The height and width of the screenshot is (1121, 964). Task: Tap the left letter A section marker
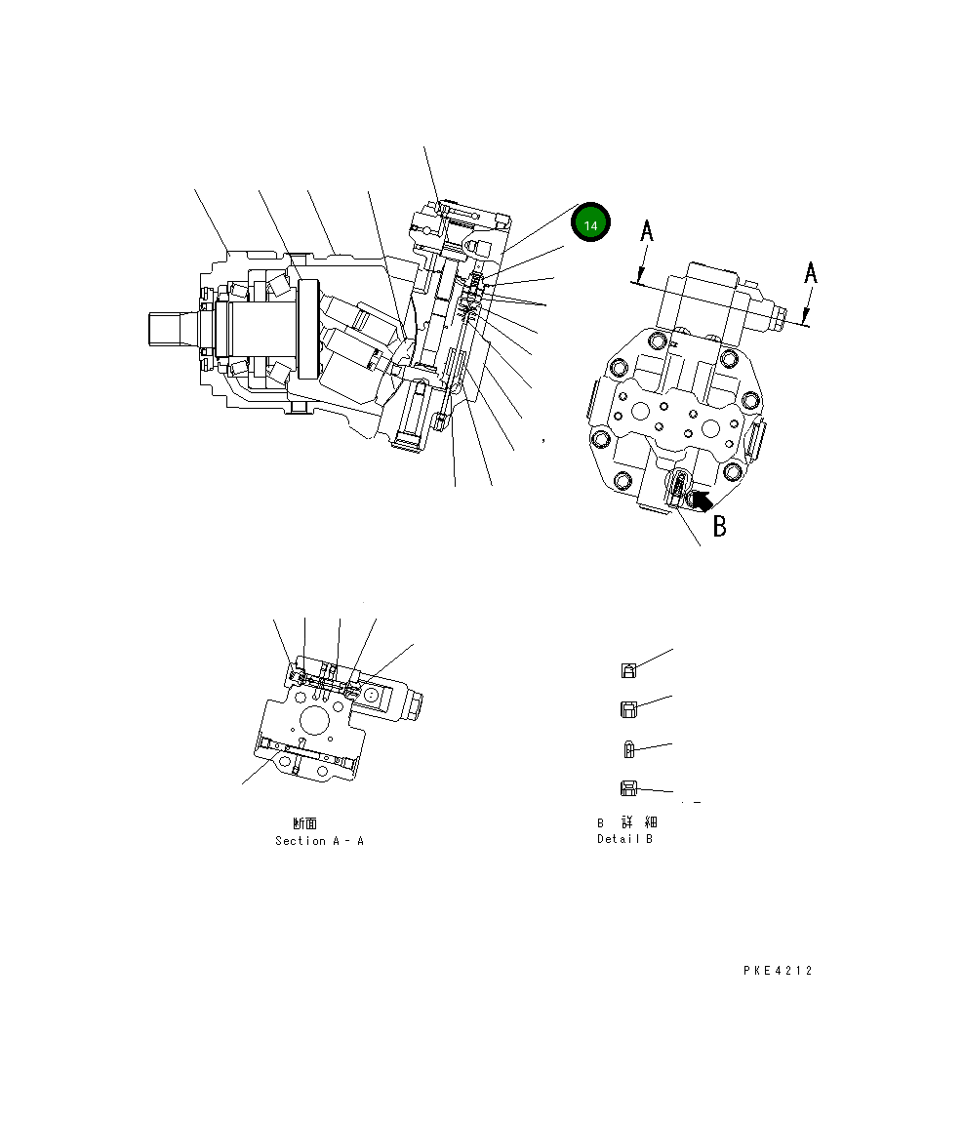(x=645, y=232)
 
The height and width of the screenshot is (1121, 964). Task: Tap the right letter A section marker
(x=810, y=273)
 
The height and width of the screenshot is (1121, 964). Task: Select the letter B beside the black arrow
(x=719, y=526)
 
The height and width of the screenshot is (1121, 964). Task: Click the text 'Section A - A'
(x=319, y=841)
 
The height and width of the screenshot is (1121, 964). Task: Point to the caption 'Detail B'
(x=624, y=839)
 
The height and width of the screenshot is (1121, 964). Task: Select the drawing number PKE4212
(x=777, y=971)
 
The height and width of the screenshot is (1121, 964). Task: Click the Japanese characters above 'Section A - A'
(x=304, y=823)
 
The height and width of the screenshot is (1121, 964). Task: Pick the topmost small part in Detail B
(x=630, y=670)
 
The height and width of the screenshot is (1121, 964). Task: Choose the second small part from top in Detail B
(x=630, y=709)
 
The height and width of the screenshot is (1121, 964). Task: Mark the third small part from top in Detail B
(x=629, y=749)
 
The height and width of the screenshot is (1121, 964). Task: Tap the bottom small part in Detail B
(x=629, y=788)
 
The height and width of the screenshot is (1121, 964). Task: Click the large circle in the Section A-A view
(x=316, y=721)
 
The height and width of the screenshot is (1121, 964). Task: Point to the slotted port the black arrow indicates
(x=679, y=484)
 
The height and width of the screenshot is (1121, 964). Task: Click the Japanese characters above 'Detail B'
(x=626, y=822)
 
